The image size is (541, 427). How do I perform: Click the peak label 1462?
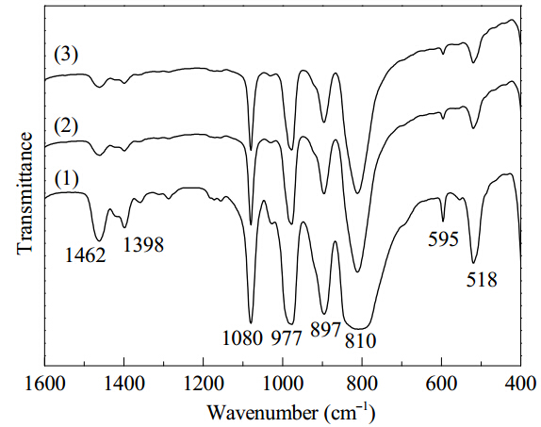tap(85, 255)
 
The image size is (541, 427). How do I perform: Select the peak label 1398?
tap(143, 245)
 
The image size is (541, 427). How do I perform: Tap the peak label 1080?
tap(242, 338)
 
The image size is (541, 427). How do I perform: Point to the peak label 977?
tap(287, 338)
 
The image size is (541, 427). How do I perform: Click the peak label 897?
tap(326, 329)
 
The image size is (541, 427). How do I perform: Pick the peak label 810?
tap(360, 340)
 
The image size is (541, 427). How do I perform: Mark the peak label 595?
tap(443, 238)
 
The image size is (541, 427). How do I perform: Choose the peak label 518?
tap(482, 280)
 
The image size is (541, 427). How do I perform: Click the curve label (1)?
tap(66, 179)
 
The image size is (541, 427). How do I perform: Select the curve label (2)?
tap(66, 127)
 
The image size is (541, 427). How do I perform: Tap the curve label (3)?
tap(66, 56)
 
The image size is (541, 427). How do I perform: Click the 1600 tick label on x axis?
tap(45, 384)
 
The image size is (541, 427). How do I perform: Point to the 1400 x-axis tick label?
tap(124, 384)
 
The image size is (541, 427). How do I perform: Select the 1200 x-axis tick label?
tap(204, 384)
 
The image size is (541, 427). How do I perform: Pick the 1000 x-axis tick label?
tap(283, 384)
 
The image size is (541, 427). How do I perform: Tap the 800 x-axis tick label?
tap(362, 384)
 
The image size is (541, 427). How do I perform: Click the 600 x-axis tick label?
tap(441, 384)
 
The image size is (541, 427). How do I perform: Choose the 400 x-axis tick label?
tap(520, 384)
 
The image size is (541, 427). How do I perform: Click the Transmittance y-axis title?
tap(25, 193)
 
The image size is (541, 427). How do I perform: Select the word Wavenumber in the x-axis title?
tap(262, 412)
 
